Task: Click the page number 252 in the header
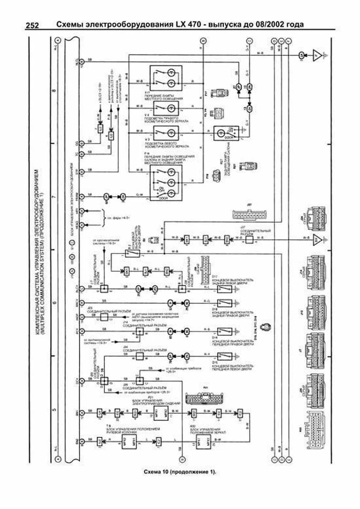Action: coord(32,25)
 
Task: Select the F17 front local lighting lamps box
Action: coord(166,78)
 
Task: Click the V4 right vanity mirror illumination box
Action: coord(166,108)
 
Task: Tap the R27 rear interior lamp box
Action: coord(226,133)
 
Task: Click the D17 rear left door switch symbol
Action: coord(225,289)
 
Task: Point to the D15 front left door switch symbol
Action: coord(225,356)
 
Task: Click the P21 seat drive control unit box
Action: coord(161,413)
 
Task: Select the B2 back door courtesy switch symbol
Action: coord(132,254)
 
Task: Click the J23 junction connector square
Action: coord(104,317)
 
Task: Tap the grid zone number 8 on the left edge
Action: coord(54,90)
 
